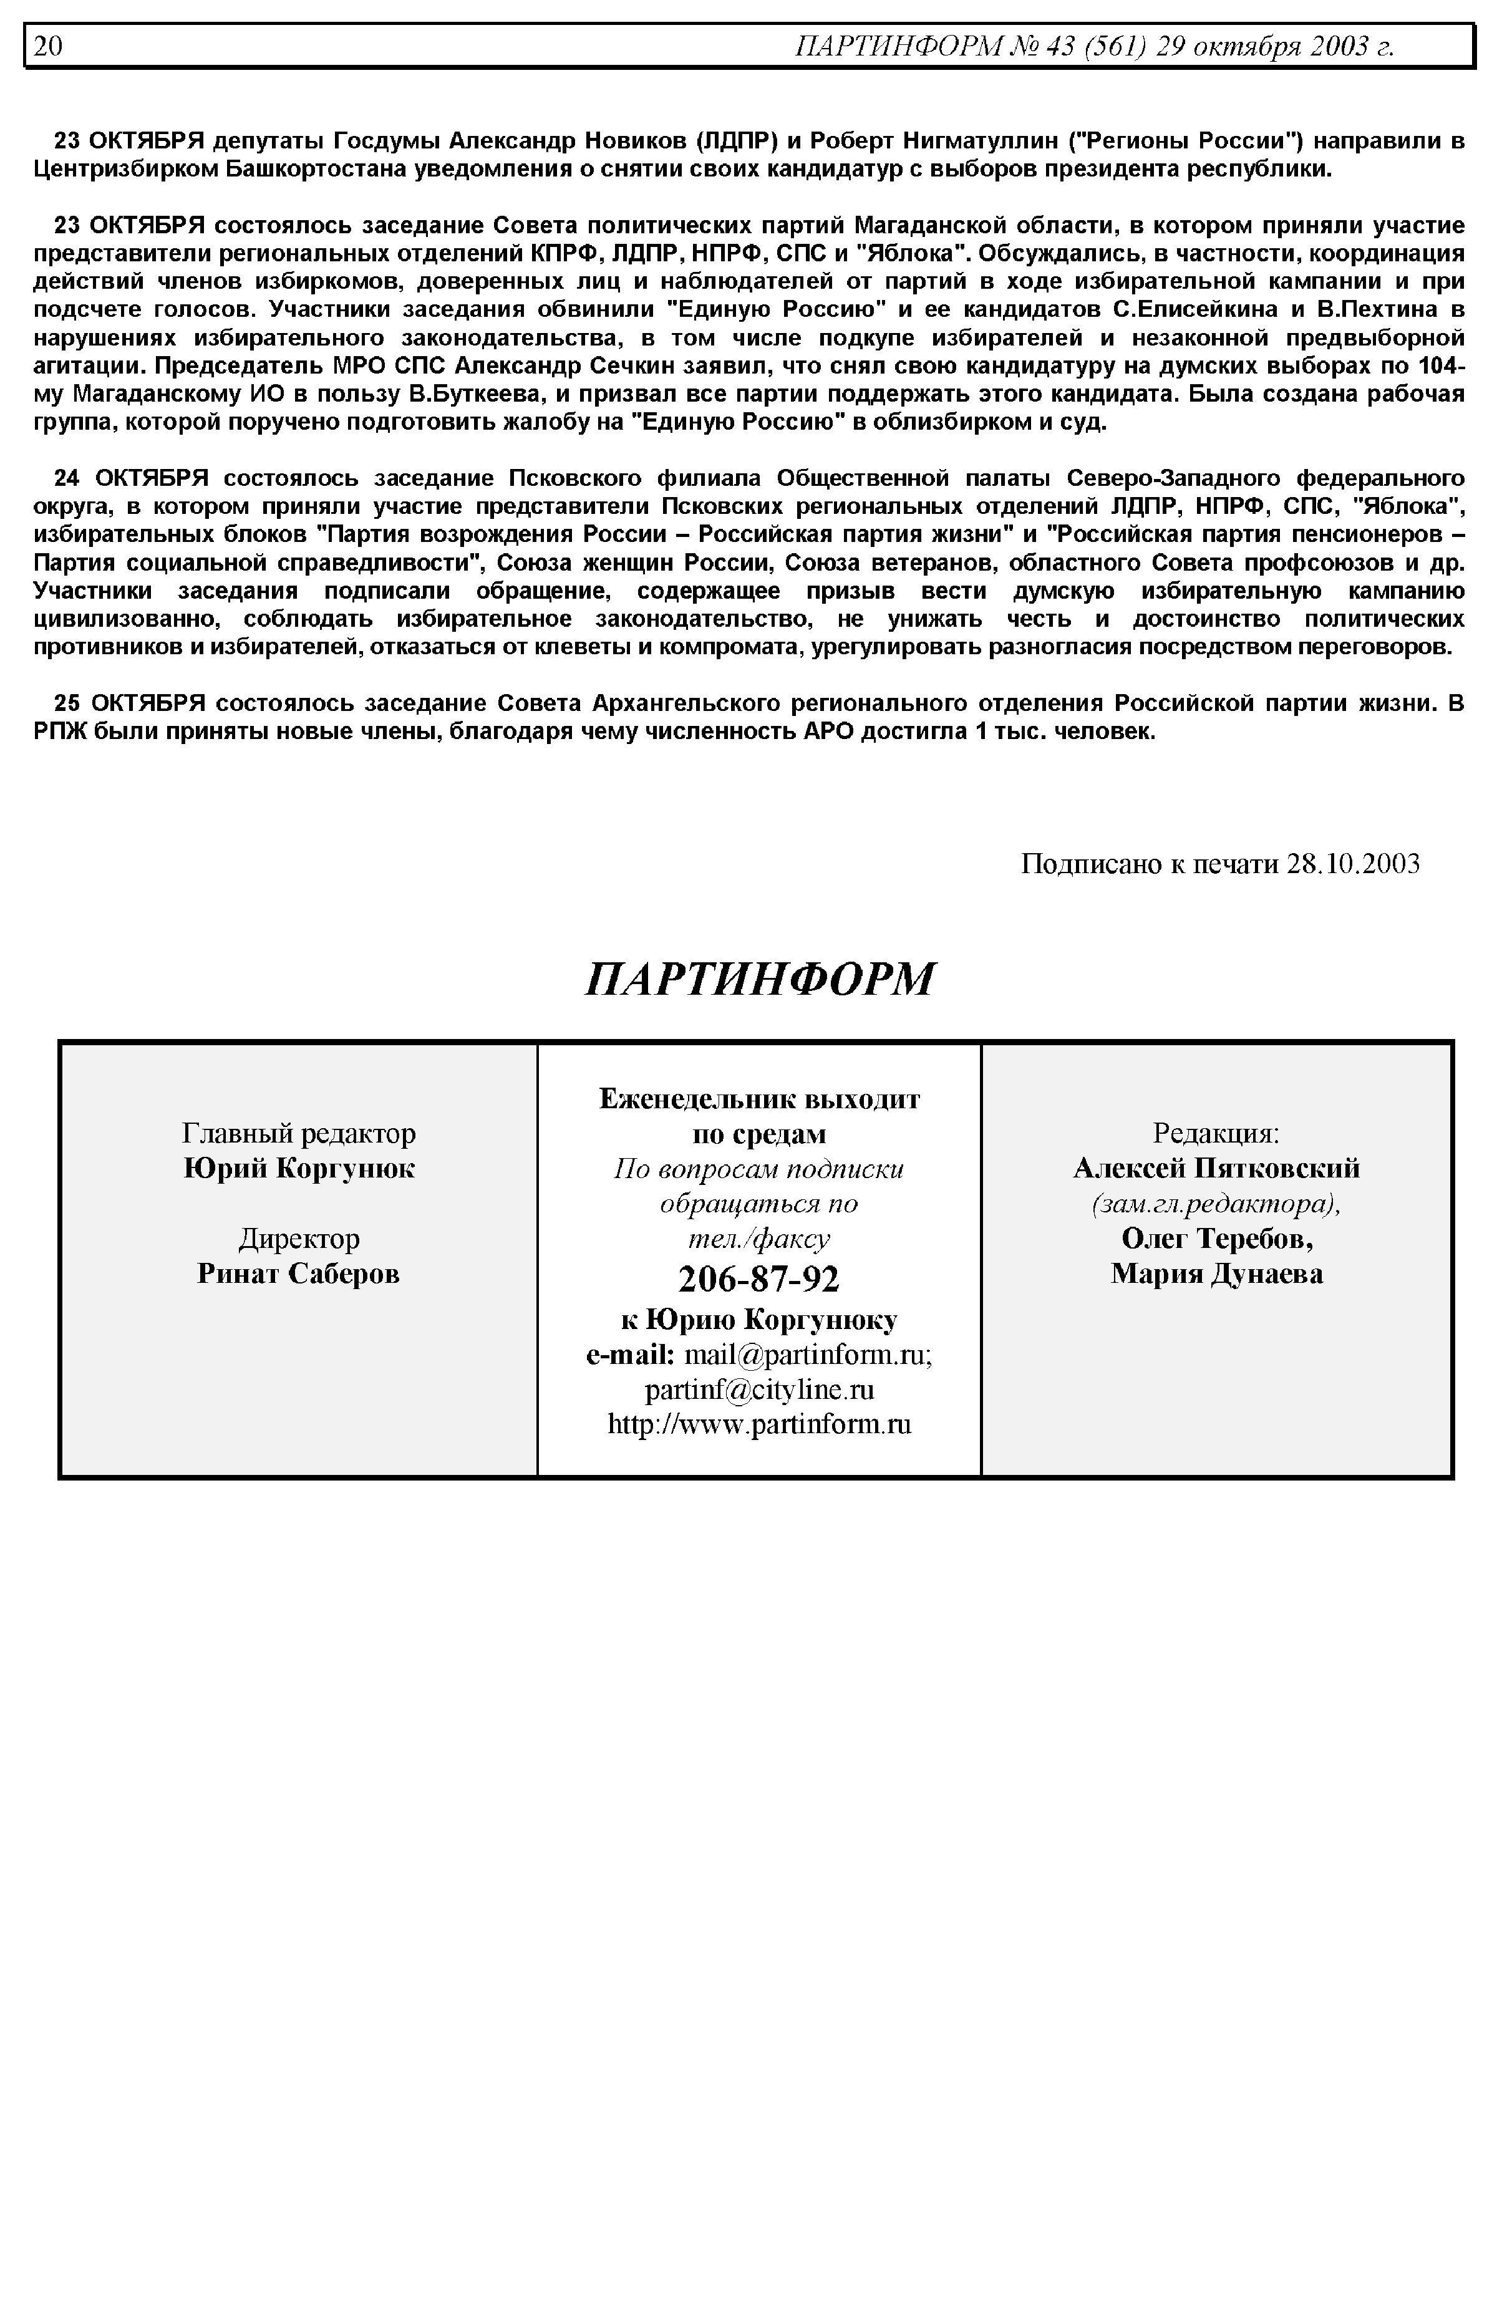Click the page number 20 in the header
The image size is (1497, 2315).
pyautogui.click(x=47, y=47)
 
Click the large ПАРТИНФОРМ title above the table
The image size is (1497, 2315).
pyautogui.click(x=759, y=980)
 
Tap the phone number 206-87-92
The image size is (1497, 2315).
pyautogui.click(x=758, y=1279)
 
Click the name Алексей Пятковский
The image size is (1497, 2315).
pyautogui.click(x=1216, y=1168)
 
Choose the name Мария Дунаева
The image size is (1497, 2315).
pyautogui.click(x=1217, y=1273)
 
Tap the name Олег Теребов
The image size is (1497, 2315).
pyautogui.click(x=1217, y=1238)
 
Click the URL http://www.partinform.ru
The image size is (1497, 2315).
pyautogui.click(x=759, y=1425)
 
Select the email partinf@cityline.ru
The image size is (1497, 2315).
pyautogui.click(x=759, y=1389)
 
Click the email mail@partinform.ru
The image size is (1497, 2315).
pyautogui.click(x=807, y=1355)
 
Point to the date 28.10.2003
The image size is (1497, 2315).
pyautogui.click(x=1353, y=863)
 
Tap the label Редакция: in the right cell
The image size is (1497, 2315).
pyautogui.click(x=1216, y=1133)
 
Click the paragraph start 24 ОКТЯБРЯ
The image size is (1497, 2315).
pyautogui.click(x=131, y=478)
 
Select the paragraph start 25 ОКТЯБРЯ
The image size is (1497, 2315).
pyautogui.click(x=131, y=703)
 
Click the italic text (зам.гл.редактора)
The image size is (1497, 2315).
pyautogui.click(x=1216, y=1203)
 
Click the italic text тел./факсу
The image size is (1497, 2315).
pyautogui.click(x=758, y=1238)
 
